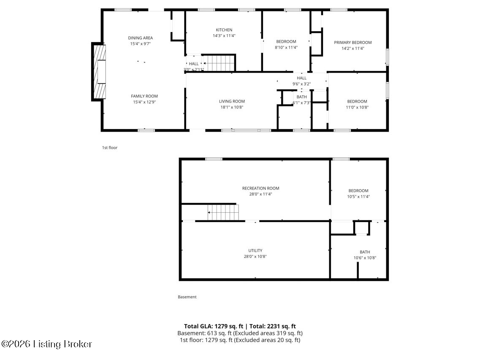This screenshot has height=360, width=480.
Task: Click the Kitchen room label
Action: click(224, 30)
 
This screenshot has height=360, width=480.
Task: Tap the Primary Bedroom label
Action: click(353, 42)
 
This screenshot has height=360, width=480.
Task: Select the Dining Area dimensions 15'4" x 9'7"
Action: click(141, 44)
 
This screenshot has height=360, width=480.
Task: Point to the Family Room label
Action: click(144, 96)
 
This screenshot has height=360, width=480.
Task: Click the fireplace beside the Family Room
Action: click(99, 72)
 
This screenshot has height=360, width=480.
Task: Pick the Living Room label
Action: click(232, 101)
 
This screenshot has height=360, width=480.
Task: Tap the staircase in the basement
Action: click(223, 212)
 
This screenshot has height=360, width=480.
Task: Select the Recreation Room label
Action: click(260, 188)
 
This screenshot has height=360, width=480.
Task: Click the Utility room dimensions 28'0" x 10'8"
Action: click(255, 257)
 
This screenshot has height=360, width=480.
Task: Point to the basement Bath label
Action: click(364, 252)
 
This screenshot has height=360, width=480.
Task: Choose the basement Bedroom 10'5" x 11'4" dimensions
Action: click(358, 197)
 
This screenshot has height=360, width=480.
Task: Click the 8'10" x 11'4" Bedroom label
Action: click(286, 41)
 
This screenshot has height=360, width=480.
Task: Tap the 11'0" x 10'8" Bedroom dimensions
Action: click(357, 107)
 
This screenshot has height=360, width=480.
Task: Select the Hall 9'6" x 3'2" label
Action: click(301, 78)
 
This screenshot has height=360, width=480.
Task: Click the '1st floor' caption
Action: click(109, 148)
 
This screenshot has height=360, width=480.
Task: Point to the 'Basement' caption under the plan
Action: click(187, 297)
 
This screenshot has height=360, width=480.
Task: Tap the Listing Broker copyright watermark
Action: click(46, 344)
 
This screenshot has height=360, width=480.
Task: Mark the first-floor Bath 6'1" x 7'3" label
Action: click(301, 97)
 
